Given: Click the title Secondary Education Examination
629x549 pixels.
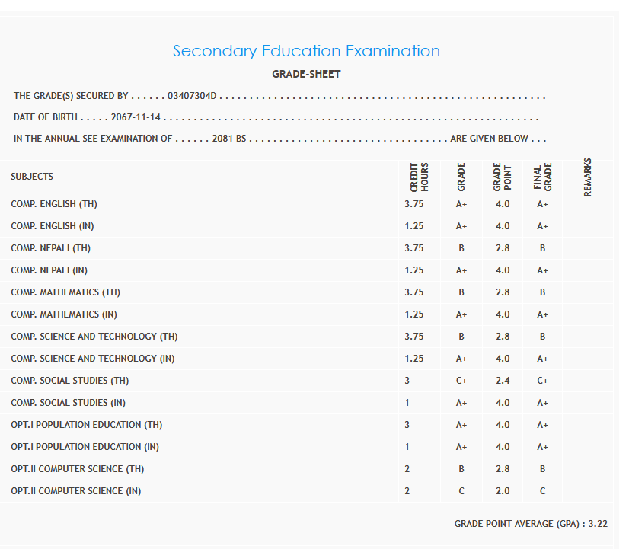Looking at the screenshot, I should (306, 51).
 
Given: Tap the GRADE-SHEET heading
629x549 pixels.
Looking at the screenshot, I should (306, 74).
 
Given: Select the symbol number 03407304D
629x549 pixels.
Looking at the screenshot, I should (192, 96).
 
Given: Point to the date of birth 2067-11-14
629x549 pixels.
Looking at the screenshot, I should (136, 118).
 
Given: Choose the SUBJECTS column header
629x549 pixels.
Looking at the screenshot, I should (32, 177).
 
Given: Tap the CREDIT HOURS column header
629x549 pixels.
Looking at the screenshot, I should (420, 177).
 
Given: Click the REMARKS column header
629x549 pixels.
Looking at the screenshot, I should (587, 177).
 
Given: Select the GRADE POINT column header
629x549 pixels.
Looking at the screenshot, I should (502, 177).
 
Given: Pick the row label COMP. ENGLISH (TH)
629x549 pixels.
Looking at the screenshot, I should (54, 204).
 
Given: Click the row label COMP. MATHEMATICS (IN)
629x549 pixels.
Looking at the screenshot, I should (64, 314).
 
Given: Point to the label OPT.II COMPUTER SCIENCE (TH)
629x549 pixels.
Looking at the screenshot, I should (77, 469).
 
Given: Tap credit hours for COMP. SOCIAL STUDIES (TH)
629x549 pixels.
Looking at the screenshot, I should (407, 381).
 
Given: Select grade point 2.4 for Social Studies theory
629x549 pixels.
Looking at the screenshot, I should (503, 381).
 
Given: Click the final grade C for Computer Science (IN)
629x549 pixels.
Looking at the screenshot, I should (542, 491).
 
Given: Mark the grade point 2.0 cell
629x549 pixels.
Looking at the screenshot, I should (503, 491).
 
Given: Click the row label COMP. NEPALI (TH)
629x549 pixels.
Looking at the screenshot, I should (51, 248).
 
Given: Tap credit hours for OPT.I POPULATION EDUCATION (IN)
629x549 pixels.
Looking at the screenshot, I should (407, 447).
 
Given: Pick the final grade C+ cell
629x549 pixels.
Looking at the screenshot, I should (542, 381).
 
